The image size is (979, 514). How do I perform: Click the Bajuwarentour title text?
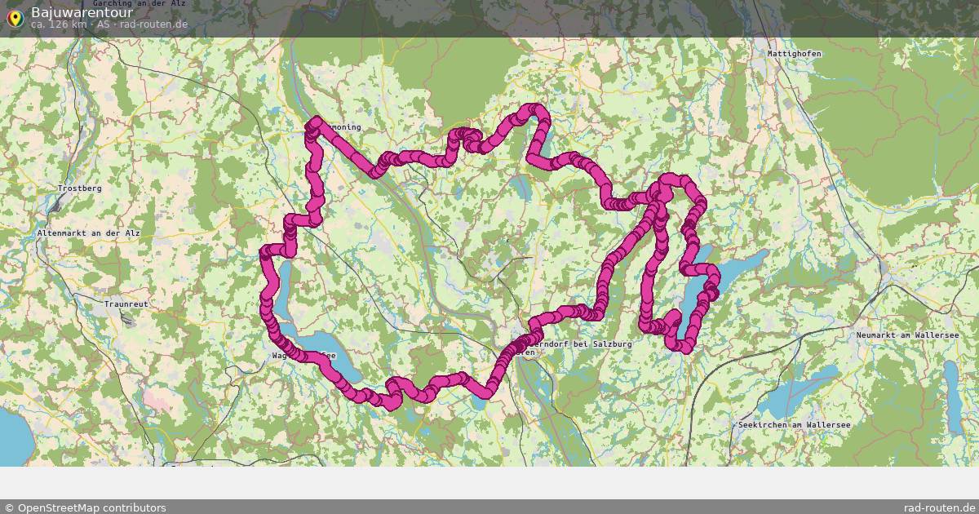pyautogui.click(x=82, y=12)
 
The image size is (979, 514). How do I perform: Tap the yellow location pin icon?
pyautogui.click(x=14, y=17)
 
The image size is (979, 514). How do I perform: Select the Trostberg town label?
pyautogui.click(x=79, y=188)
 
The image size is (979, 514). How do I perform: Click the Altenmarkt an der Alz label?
pyautogui.click(x=89, y=233)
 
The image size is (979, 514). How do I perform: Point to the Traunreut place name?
pyautogui.click(x=126, y=304)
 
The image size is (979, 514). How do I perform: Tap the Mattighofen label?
pyautogui.click(x=794, y=54)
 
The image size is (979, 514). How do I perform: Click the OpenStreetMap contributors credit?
pyautogui.click(x=91, y=507)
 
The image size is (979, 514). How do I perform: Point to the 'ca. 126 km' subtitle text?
pyautogui.click(x=60, y=24)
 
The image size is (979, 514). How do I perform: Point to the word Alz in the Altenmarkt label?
pyautogui.click(x=133, y=233)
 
